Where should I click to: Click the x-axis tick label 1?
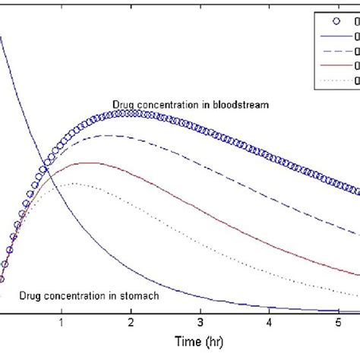[62, 322]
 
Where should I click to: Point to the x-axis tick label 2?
[131, 322]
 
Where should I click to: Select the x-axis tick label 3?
[200, 322]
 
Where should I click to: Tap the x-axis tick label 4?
[269, 322]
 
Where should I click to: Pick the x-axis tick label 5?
[338, 322]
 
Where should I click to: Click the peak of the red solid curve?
[89, 163]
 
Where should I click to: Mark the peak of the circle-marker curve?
[131, 113]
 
